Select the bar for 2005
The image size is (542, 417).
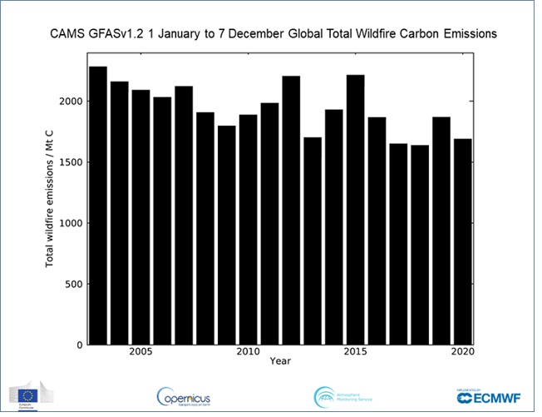140,216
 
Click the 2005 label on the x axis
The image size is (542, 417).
140,352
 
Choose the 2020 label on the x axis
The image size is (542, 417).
462,352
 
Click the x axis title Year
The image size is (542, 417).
281,361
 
